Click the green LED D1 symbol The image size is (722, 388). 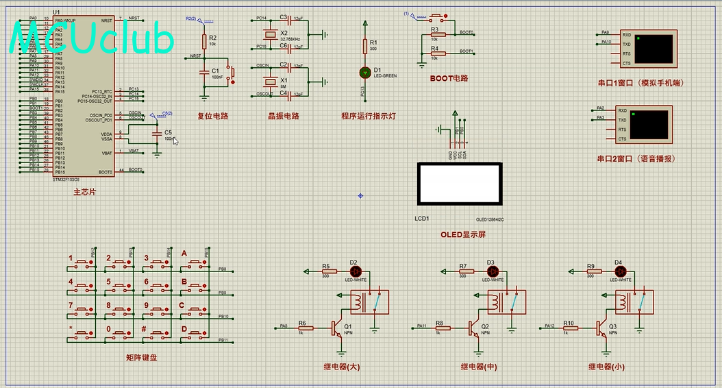[364, 72]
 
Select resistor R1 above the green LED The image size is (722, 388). [364, 46]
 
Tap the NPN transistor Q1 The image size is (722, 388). [336, 328]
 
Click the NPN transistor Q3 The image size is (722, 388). [600, 328]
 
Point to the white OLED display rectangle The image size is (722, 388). [460, 184]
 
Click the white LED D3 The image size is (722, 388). [490, 271]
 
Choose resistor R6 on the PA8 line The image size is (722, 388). [302, 328]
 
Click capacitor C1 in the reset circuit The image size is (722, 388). [203, 72]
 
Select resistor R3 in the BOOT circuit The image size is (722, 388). [435, 34]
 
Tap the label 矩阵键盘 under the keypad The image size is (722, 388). [141, 358]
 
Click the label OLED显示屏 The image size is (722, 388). [464, 234]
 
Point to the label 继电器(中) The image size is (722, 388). [480, 367]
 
